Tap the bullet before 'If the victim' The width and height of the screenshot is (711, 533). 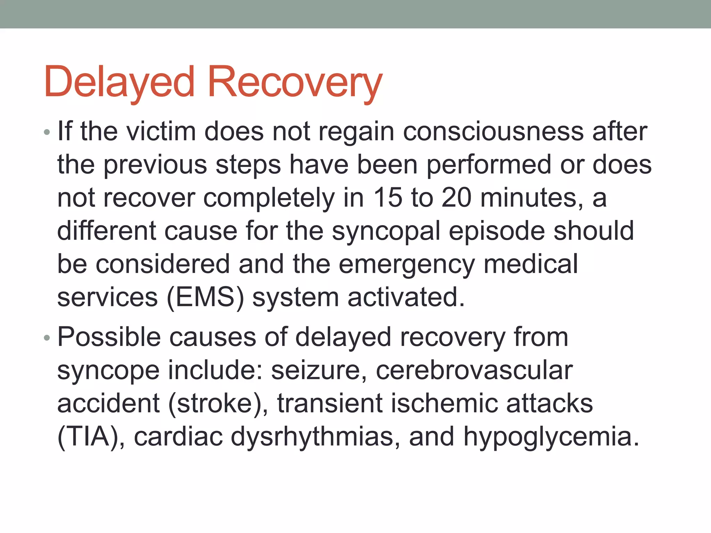pyautogui.click(x=47, y=132)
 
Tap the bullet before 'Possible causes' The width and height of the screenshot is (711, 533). pyautogui.click(x=47, y=338)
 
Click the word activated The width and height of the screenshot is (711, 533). pyautogui.click(x=406, y=298)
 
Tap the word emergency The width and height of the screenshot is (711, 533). pyautogui.click(x=407, y=265)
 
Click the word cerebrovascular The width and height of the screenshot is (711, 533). pyautogui.click(x=474, y=370)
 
